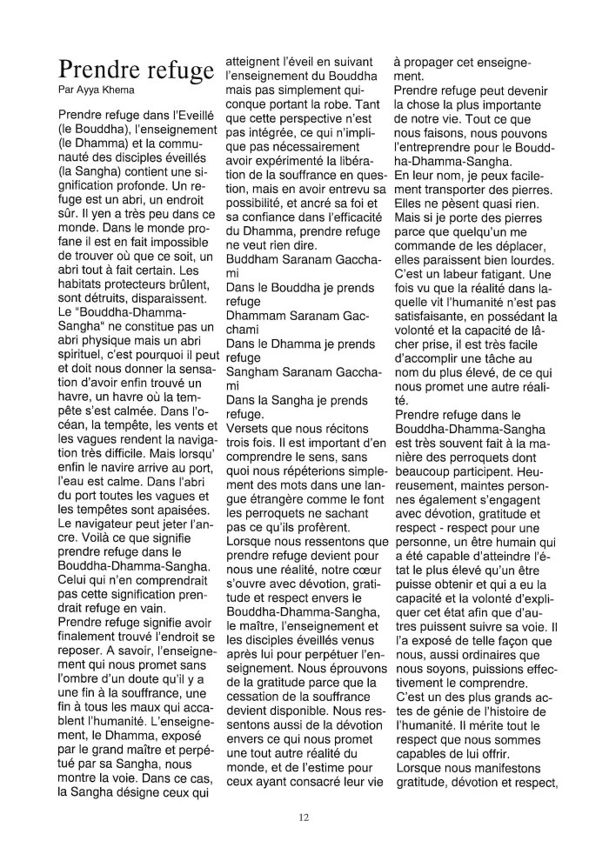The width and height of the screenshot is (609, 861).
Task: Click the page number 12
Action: pos(304,817)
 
